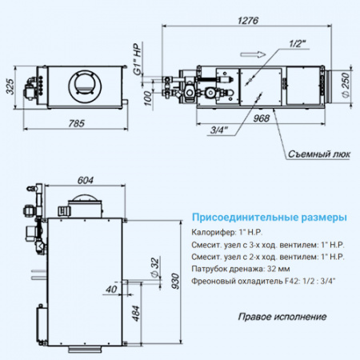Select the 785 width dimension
click(77, 123)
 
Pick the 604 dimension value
click(88, 181)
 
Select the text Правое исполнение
click(282, 317)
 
